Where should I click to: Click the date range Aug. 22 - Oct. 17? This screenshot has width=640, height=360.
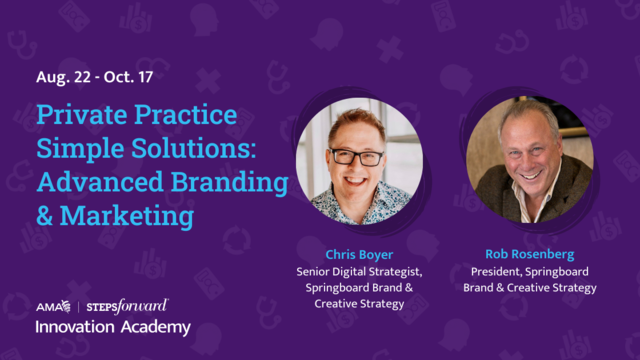click(x=95, y=76)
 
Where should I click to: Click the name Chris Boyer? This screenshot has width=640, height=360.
click(x=357, y=254)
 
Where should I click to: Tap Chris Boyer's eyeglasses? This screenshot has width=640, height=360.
click(x=357, y=157)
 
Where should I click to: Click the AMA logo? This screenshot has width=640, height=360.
click(x=49, y=306)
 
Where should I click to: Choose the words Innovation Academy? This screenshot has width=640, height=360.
click(x=112, y=327)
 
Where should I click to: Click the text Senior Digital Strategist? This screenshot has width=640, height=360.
click(x=357, y=271)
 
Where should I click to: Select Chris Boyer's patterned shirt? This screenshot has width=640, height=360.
click(x=355, y=204)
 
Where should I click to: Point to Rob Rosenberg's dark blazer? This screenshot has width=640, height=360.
click(x=575, y=185)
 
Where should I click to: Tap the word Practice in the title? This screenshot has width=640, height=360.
click(x=187, y=115)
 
